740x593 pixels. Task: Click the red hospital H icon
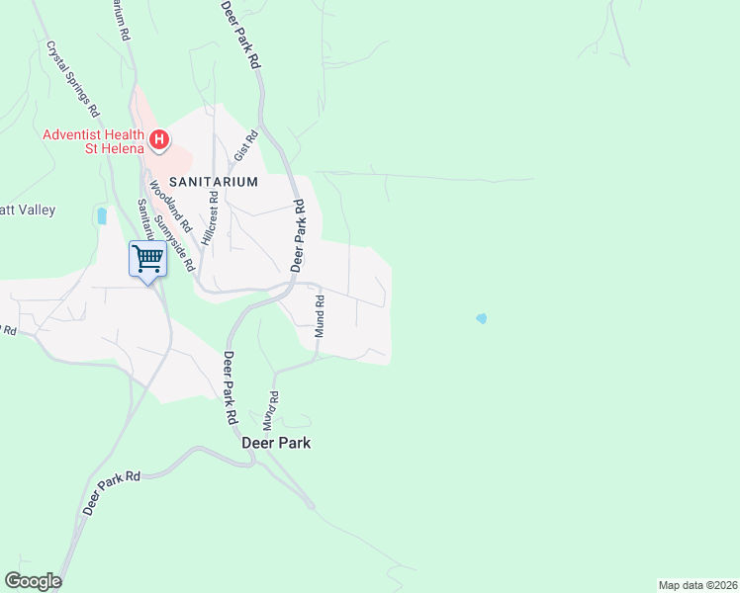tap(157, 139)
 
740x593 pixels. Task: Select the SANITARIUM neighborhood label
tap(213, 182)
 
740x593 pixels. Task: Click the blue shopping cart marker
tap(147, 260)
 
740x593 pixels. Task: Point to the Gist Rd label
tap(244, 147)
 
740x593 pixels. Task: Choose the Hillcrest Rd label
tap(210, 212)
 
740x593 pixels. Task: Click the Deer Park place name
tap(276, 443)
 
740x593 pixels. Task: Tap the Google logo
tap(33, 581)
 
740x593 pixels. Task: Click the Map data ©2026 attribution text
tap(697, 584)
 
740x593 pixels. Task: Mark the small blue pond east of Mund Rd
tap(481, 318)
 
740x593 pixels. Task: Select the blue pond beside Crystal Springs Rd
tap(102, 215)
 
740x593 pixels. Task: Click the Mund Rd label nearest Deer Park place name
tap(271, 408)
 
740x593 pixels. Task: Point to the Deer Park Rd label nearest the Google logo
tap(113, 490)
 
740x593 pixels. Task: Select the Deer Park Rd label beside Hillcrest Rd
tap(298, 235)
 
